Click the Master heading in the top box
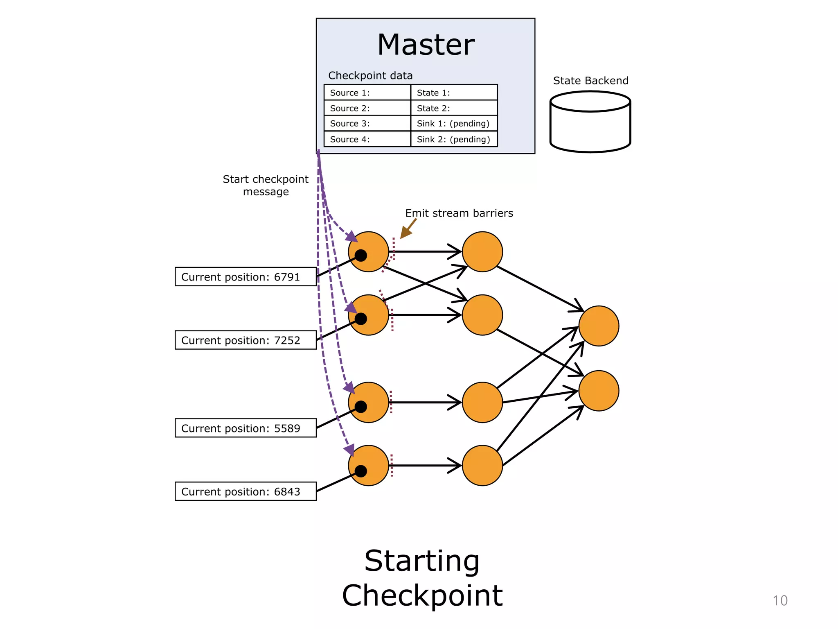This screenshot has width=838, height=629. tap(426, 45)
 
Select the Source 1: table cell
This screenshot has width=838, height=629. tap(367, 93)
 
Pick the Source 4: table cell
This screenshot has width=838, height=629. tap(367, 139)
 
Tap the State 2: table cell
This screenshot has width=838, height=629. tap(454, 108)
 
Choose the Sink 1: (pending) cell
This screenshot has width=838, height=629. tap(454, 124)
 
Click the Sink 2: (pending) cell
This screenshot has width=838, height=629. tap(454, 139)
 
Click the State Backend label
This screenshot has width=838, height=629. tap(590, 81)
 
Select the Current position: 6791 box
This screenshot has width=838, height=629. tap(246, 277)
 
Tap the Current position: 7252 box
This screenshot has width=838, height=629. tap(246, 340)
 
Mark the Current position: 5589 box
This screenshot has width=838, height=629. tap(246, 428)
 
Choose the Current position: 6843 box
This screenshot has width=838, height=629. tap(246, 491)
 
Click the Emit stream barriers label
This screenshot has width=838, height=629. tap(459, 213)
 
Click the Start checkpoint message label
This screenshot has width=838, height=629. tap(266, 186)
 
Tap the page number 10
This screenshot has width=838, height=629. tap(780, 601)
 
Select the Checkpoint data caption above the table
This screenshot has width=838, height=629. tap(370, 76)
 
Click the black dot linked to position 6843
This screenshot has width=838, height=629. tap(361, 471)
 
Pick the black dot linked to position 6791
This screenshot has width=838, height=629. tap(361, 256)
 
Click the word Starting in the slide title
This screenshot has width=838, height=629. tap(422, 561)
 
